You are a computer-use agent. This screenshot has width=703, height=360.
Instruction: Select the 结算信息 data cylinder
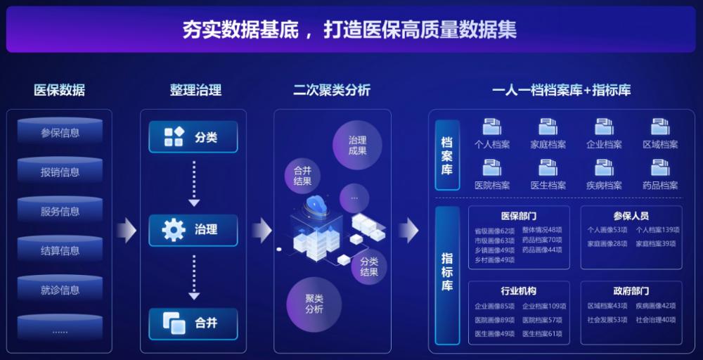pyautogui.click(x=60, y=250)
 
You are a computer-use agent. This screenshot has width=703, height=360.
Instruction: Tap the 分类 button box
pyautogui.click(x=193, y=137)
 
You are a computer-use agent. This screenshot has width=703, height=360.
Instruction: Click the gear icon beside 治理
pyautogui.click(x=173, y=230)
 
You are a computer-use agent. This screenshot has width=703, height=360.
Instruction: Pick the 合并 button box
pyautogui.click(x=193, y=323)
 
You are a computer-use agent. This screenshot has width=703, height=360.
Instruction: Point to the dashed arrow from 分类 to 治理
pyautogui.click(x=194, y=183)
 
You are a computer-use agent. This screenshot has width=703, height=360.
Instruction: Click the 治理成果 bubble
pyautogui.click(x=357, y=145)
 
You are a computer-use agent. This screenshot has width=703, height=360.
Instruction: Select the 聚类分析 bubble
pyautogui.click(x=314, y=304)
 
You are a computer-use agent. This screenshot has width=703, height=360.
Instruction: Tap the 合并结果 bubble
pyautogui.click(x=302, y=175)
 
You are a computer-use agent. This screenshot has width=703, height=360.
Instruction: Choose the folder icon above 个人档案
pyautogui.click(x=492, y=127)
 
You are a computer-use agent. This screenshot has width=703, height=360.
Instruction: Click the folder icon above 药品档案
pyautogui.click(x=660, y=167)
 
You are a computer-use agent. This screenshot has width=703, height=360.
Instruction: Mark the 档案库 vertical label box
pyautogui.click(x=447, y=155)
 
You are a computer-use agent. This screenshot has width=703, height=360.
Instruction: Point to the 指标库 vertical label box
pyautogui.click(x=447, y=271)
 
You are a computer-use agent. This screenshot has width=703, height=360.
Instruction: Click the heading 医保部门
pyautogui.click(x=519, y=216)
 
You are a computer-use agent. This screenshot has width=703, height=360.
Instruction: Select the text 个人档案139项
pyautogui.click(x=657, y=230)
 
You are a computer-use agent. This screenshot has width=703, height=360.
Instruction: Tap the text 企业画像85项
pyautogui.click(x=494, y=307)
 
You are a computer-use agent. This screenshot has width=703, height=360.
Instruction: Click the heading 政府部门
pyautogui.click(x=631, y=291)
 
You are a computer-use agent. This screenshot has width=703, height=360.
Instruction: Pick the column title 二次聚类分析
pyautogui.click(x=332, y=90)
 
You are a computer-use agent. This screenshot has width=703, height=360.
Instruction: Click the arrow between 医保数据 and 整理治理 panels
pyautogui.click(x=127, y=230)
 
